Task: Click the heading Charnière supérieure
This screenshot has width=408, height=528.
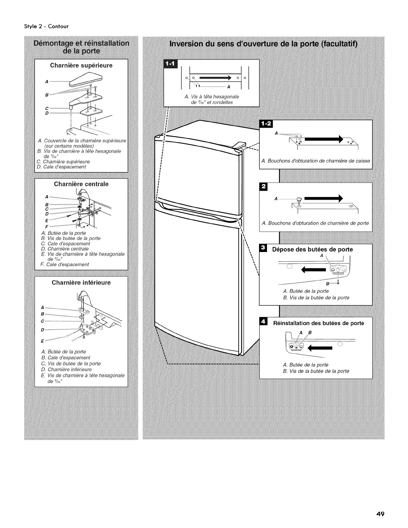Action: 81,65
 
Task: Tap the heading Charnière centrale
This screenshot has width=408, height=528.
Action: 81,184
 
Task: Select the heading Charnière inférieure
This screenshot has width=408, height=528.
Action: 81,283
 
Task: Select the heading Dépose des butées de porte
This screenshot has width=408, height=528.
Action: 312,249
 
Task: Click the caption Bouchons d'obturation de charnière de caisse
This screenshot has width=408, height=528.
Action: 315,161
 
